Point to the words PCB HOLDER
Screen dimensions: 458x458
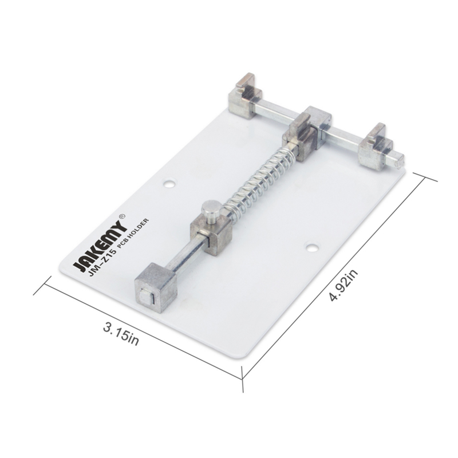tap(133, 233)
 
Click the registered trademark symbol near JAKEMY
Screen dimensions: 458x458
tap(123, 216)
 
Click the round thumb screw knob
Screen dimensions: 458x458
tap(210, 210)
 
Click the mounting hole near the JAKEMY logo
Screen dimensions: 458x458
tap(169, 184)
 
